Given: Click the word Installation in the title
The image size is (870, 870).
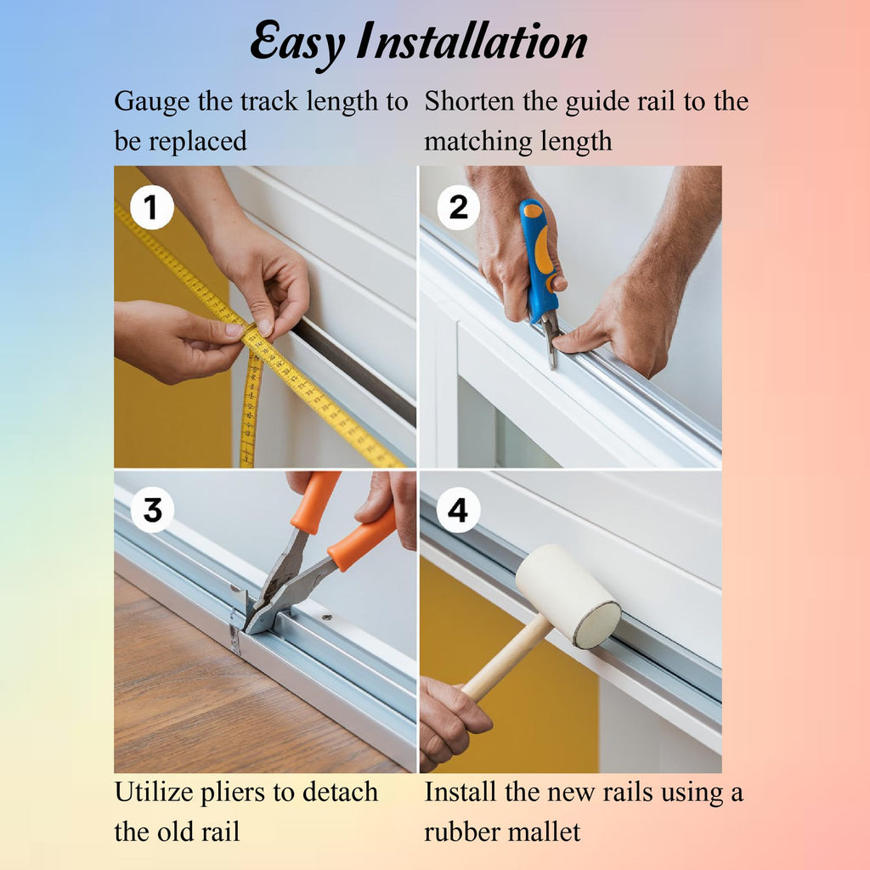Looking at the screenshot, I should click(471, 43).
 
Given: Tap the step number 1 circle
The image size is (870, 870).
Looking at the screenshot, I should click(152, 208).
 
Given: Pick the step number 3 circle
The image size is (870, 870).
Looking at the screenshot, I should click(152, 511).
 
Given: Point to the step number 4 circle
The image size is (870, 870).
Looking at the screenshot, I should click(458, 511).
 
